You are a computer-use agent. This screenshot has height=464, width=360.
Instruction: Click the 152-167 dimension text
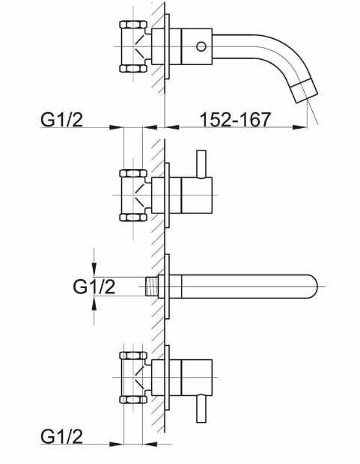pos(235,119)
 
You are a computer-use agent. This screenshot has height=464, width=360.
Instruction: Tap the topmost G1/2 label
pos(61,120)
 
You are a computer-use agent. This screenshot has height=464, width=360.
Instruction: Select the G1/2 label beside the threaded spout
pos(94,287)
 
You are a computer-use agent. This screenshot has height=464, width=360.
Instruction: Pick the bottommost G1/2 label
pos(61,436)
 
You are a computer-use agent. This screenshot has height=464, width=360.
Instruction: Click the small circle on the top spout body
pos(201,46)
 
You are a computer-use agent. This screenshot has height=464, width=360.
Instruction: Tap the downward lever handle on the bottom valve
pos(201,409)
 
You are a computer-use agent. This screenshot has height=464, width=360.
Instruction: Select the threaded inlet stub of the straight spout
pos(152,286)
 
